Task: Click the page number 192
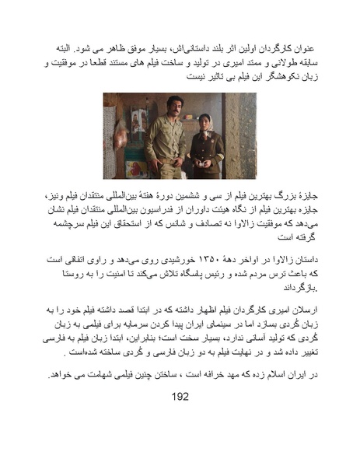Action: coord(180,396)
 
